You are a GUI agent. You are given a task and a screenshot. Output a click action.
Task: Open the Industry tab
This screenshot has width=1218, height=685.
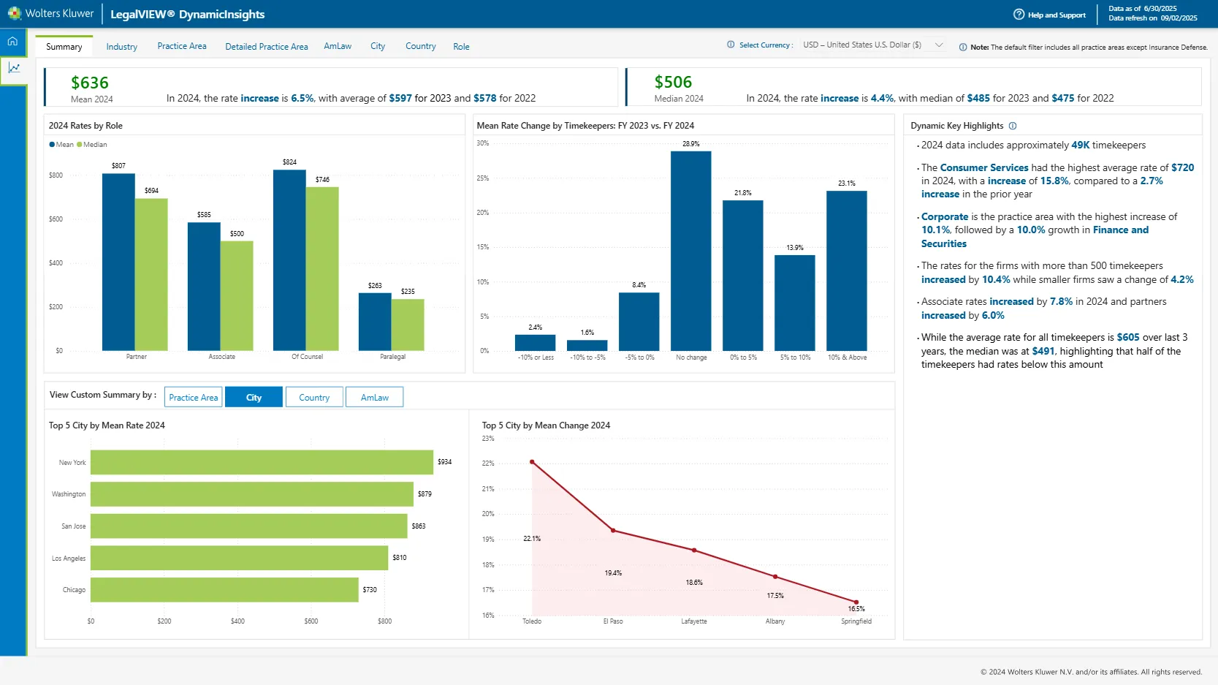(x=121, y=47)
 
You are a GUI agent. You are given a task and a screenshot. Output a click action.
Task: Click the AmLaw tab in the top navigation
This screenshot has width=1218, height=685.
(x=338, y=46)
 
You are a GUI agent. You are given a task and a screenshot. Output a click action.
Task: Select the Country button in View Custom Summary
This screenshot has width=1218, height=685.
(x=314, y=397)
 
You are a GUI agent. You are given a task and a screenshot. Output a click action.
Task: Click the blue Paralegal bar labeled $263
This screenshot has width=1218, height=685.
(x=375, y=322)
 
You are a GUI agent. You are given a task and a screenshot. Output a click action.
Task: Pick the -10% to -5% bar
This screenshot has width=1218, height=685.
(x=587, y=345)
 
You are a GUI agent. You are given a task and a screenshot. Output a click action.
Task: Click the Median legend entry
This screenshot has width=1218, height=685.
(x=94, y=145)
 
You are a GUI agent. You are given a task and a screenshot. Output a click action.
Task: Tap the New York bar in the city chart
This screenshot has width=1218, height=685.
(x=262, y=462)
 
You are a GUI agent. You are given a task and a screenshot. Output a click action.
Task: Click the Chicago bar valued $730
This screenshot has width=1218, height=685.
(x=224, y=589)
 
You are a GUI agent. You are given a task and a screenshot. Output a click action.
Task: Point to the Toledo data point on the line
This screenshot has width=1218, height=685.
(x=532, y=462)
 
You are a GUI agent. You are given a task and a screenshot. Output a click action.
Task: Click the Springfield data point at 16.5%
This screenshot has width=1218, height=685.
(x=856, y=602)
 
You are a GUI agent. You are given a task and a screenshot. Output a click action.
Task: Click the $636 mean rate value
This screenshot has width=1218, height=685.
(x=90, y=83)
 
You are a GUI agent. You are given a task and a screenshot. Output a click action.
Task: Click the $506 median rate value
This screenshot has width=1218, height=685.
(x=673, y=82)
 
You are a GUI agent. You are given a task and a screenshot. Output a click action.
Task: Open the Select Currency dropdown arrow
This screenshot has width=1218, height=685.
(x=939, y=45)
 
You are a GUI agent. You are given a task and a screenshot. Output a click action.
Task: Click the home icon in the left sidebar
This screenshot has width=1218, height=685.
(x=13, y=42)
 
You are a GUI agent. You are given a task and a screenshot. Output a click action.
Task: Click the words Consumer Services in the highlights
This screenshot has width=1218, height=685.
(x=983, y=167)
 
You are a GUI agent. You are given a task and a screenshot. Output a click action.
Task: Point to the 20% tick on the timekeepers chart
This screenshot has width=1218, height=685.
(x=482, y=213)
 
